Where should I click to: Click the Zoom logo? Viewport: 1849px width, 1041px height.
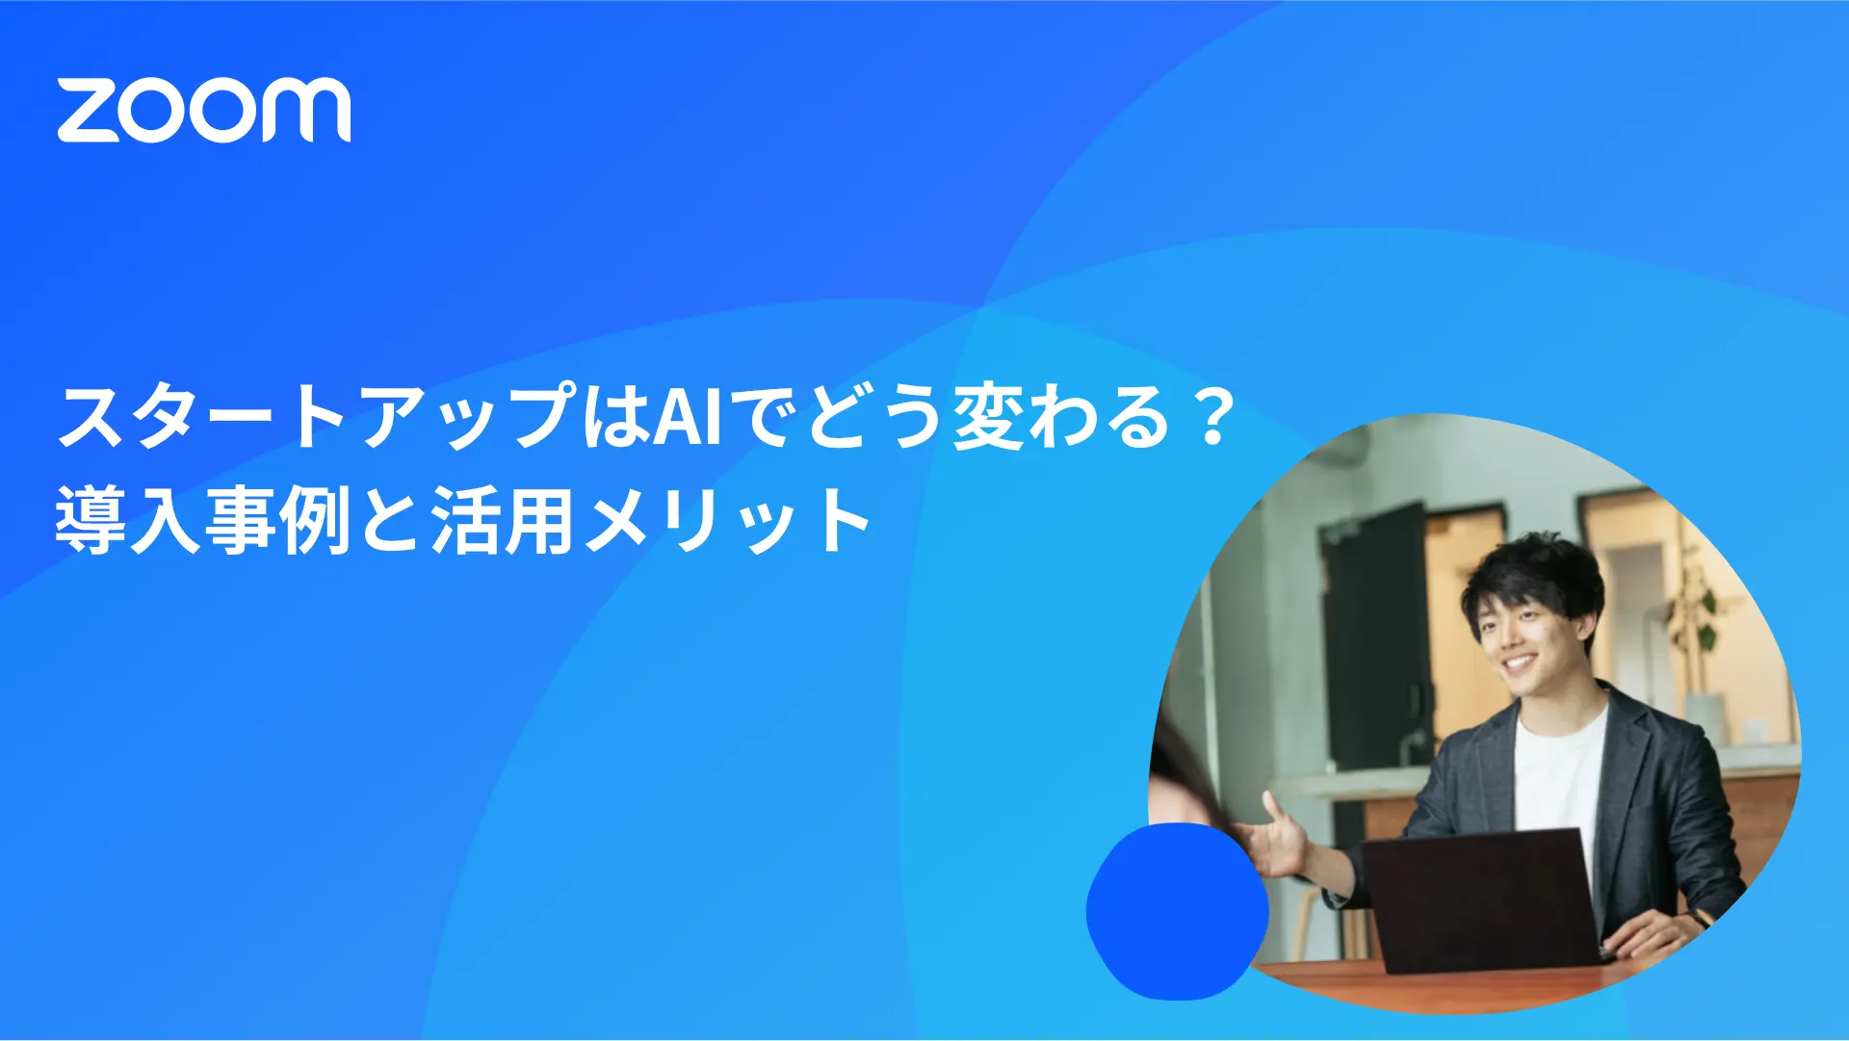[203, 110]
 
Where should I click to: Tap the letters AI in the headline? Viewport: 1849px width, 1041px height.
[688, 417]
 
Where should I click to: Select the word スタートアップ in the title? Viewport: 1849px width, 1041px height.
[318, 417]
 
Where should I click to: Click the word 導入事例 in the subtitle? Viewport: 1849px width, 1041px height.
[202, 521]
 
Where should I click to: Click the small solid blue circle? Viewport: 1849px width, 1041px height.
[1177, 910]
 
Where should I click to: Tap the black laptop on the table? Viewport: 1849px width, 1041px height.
[1483, 900]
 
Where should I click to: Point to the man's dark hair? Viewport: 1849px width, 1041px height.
[1531, 568]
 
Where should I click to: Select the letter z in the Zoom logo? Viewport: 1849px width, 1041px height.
[87, 110]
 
